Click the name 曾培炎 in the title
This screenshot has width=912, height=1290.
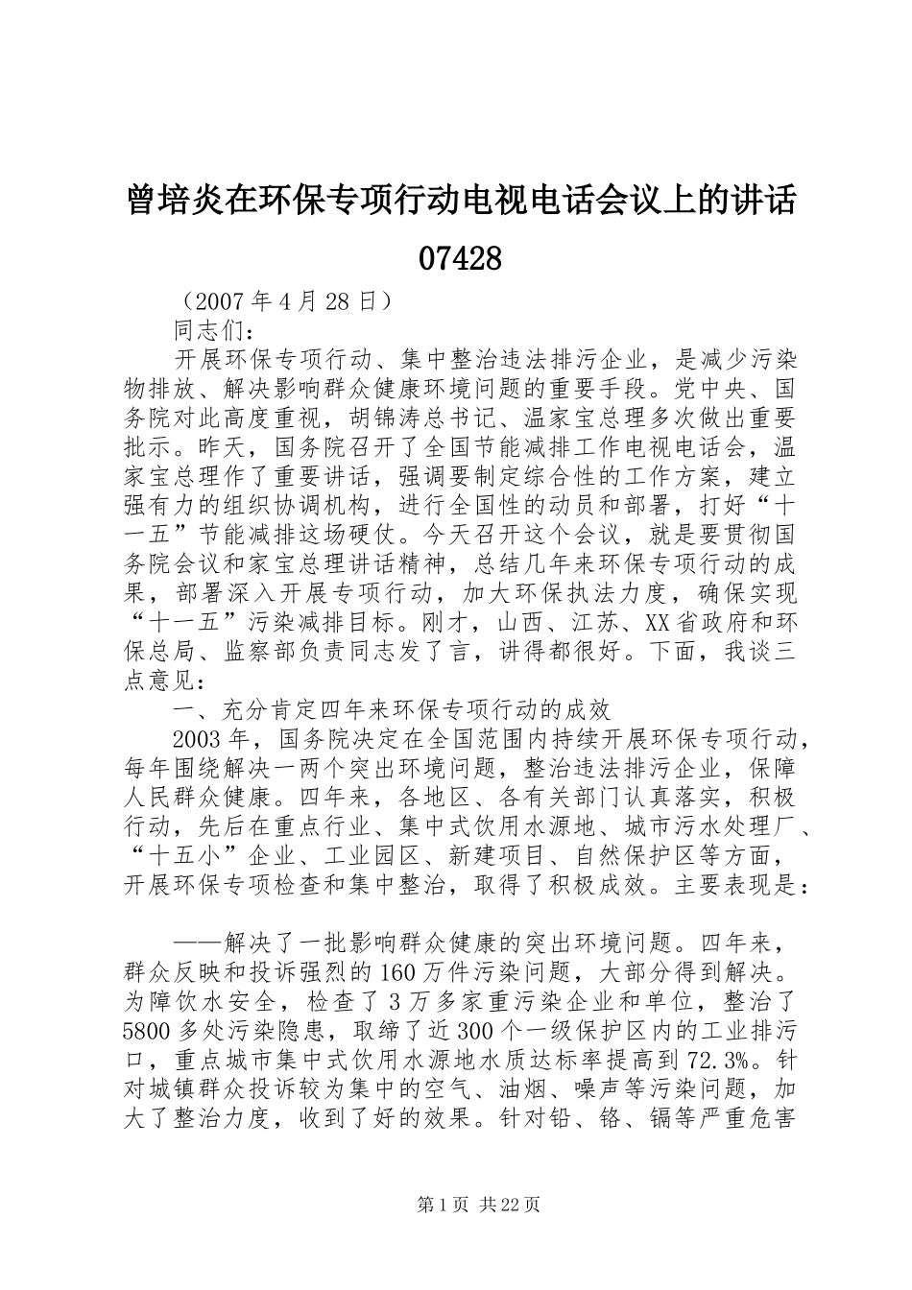click(x=172, y=202)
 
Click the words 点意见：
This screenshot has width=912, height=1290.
click(x=163, y=681)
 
